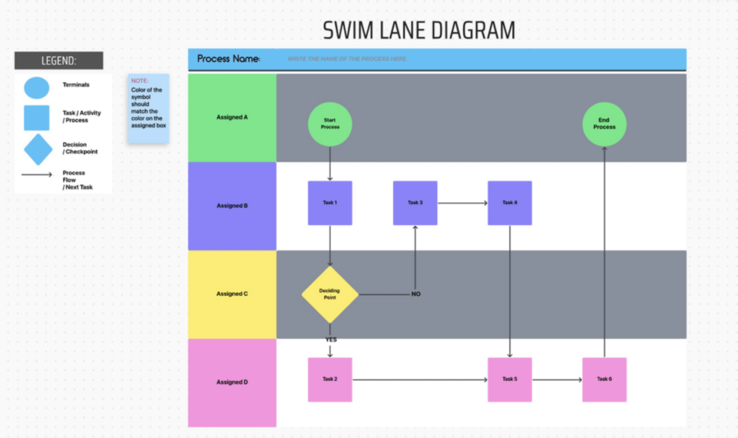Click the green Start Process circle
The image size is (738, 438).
click(330, 124)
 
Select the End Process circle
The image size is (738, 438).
click(604, 124)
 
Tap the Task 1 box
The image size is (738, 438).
click(330, 203)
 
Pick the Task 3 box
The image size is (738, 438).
click(415, 203)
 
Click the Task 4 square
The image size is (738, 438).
click(509, 203)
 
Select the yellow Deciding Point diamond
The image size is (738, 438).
click(330, 294)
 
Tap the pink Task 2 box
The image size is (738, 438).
click(330, 379)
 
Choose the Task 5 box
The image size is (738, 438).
click(509, 379)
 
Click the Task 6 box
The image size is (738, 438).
click(604, 379)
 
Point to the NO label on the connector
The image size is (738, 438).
click(416, 294)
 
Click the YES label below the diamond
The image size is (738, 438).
click(331, 340)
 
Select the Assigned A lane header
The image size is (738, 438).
click(232, 118)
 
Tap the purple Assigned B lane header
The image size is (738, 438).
click(232, 206)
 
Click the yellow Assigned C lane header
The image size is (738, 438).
click(232, 294)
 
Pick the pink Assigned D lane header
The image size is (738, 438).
click(232, 383)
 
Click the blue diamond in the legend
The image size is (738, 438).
click(38, 149)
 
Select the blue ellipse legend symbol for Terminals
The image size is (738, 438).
click(36, 88)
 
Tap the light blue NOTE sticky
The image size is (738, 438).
click(149, 108)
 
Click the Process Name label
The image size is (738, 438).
click(229, 59)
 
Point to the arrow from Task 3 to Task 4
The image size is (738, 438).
click(462, 203)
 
